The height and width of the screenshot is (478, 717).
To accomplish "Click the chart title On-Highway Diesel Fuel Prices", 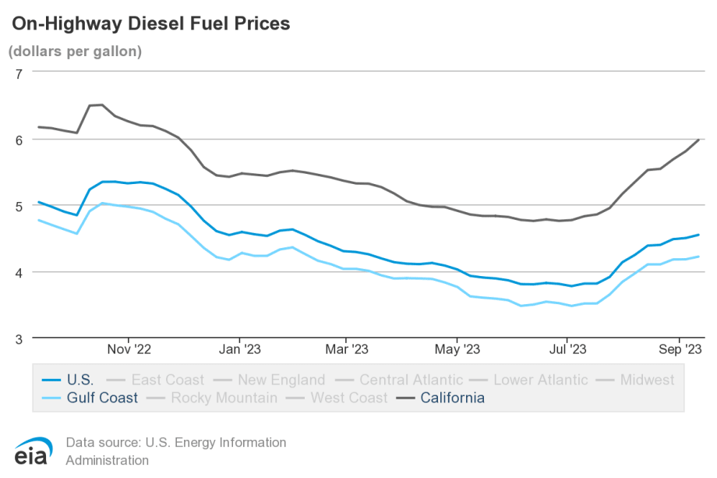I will pos(150,24).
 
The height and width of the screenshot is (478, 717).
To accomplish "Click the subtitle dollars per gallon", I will pos(75,52).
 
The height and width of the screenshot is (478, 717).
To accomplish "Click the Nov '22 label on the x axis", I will pos(129,349).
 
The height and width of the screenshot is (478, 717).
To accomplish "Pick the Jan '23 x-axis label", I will pos(239,349).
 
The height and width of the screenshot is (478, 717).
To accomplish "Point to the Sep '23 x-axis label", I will pos(680,349).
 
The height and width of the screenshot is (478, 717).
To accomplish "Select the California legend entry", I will pos(452,398).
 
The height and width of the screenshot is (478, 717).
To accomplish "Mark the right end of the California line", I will pos(698,140).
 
